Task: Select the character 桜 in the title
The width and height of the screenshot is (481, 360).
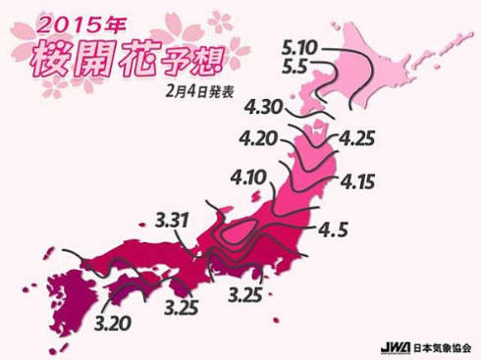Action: [x=63, y=58]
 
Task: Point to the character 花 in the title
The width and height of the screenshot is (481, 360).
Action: [x=158, y=56]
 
